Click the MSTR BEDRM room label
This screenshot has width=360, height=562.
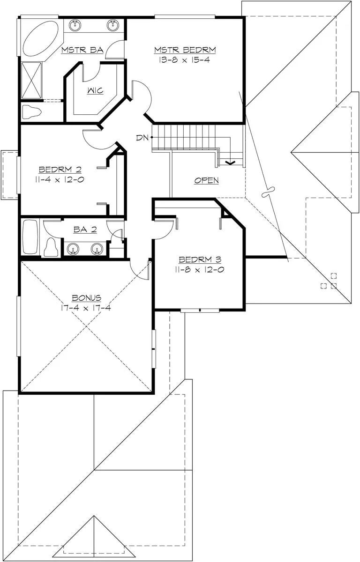coord(185,50)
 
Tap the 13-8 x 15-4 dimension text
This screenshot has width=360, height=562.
coord(184,60)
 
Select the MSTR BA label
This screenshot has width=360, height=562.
coord(82,50)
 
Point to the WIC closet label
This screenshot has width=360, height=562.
coord(95,90)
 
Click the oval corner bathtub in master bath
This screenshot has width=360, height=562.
coord(41,38)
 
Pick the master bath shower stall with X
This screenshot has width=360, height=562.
coord(31,80)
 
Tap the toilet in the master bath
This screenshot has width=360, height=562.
coord(31,112)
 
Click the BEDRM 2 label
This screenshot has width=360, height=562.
coord(60,170)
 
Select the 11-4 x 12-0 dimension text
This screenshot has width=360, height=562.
coord(60,180)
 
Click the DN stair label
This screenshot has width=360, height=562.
coord(142,138)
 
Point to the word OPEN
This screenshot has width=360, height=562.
coord(206,180)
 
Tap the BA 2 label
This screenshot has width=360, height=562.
coord(85,229)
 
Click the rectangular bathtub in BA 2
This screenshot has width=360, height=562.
coord(30,237)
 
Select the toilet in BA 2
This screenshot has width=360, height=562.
coord(51,248)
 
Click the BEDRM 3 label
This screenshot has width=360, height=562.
coord(200,259)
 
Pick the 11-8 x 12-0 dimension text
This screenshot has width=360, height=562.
coord(200,270)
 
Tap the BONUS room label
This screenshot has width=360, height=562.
coord(87,298)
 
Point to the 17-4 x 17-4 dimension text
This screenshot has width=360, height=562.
coord(86,308)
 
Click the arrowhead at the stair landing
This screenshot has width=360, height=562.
coord(230,163)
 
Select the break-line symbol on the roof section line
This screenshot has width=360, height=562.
coord(268,192)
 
